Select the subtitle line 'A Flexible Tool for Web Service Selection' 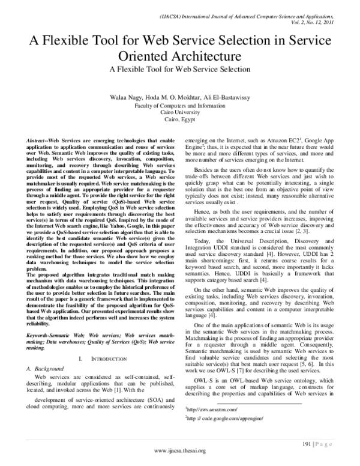point(179,69)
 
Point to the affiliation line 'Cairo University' point(179,112)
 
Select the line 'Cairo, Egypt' point(179,119)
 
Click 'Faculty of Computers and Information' point(179,105)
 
